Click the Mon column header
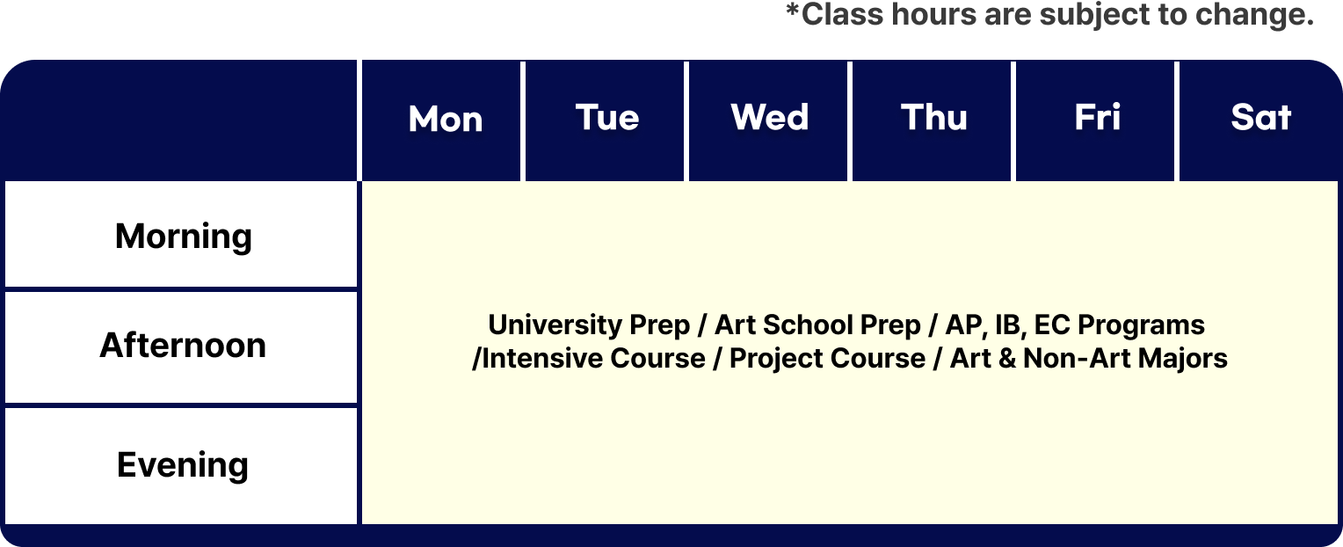[446, 119]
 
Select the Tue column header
[607, 118]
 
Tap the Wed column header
[770, 117]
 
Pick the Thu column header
[934, 117]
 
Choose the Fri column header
[1097, 117]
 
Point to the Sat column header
[1261, 117]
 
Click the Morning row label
[184, 237]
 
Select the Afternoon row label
[183, 346]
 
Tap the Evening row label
[182, 465]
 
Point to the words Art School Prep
[817, 325]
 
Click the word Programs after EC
[1141, 325]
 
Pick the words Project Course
[827, 359]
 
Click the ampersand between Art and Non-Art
[1006, 359]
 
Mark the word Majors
[1182, 359]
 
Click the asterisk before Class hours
[793, 11]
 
